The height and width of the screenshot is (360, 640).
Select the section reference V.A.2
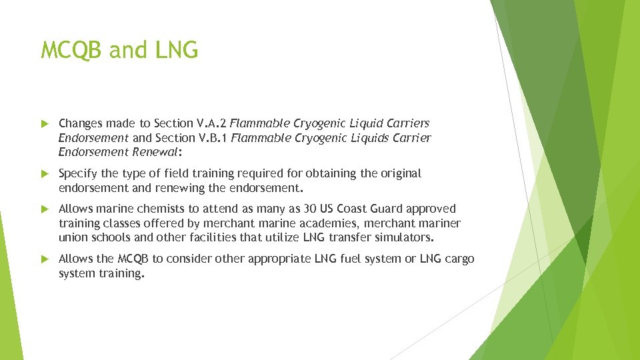click(x=211, y=123)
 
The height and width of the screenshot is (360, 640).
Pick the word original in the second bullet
click(x=400, y=173)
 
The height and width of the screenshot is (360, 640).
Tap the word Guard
click(x=387, y=209)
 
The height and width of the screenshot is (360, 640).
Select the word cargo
click(x=459, y=259)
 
